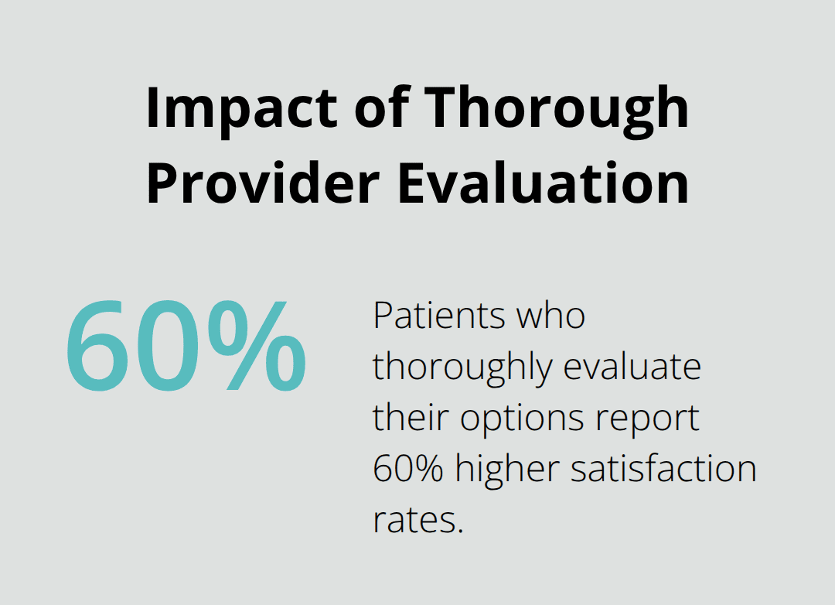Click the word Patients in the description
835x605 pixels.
[x=434, y=316]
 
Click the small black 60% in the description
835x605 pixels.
[x=407, y=469]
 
